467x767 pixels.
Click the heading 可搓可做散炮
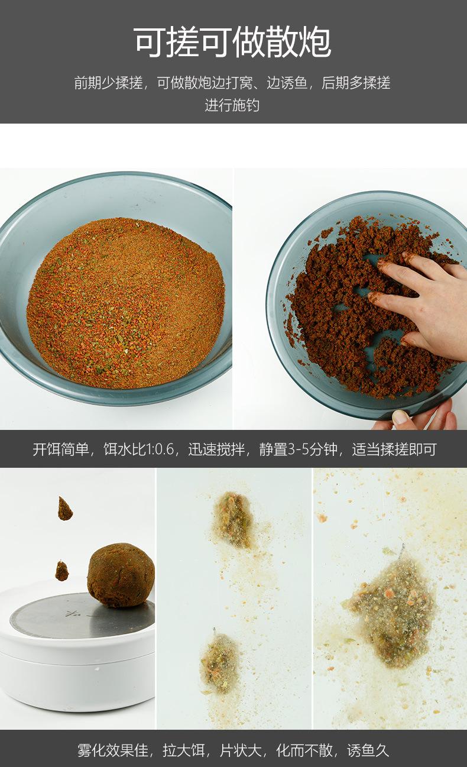[x=232, y=42]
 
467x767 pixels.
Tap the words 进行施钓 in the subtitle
[x=232, y=106]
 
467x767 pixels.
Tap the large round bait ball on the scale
[x=121, y=575]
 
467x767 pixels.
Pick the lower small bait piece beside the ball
[x=61, y=571]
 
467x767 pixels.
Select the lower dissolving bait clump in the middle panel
[x=219, y=662]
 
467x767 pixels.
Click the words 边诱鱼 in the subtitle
[x=287, y=83]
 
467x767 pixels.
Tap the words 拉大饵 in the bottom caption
[x=189, y=750]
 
